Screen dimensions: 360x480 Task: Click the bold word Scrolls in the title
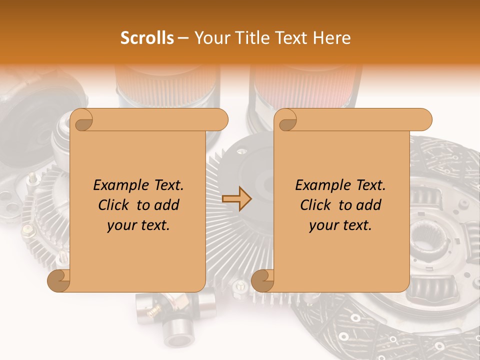pos(147,38)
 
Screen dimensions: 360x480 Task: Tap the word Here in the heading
pos(332,38)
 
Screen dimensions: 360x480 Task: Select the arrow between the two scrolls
pos(236,199)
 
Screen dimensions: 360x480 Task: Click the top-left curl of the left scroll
pos(81,120)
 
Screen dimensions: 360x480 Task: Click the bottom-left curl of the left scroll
pos(59,280)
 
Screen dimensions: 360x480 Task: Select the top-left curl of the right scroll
pos(286,120)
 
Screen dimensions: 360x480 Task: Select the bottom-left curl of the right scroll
pos(262,280)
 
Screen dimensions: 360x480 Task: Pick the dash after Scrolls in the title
pos(183,38)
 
